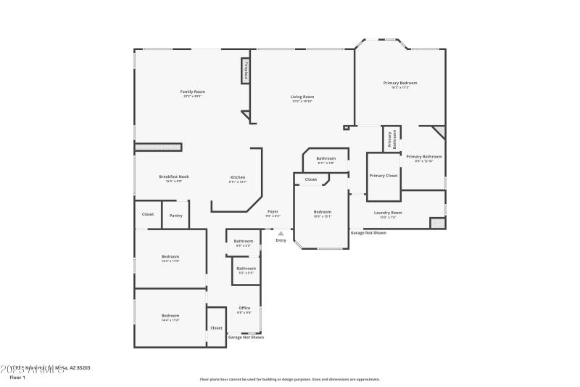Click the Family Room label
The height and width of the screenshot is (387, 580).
tap(193, 91)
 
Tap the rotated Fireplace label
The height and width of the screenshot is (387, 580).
tap(246, 71)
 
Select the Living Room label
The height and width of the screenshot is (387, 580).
tap(302, 97)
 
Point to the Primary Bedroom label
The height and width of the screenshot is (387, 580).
tap(400, 83)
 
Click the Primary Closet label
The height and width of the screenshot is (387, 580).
tap(383, 176)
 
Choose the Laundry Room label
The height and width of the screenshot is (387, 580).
tap(388, 213)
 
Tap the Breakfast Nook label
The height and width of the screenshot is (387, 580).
tap(174, 177)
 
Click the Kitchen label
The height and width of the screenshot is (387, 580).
tap(238, 177)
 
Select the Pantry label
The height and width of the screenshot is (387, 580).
tap(175, 215)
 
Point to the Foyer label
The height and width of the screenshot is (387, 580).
tap(273, 211)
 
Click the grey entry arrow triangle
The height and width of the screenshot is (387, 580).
tap(281, 234)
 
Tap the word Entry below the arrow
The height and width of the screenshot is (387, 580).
tap(281, 240)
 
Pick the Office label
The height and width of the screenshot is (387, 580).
tap(244, 308)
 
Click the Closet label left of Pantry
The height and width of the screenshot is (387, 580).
tap(148, 214)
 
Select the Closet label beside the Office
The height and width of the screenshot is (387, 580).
tap(216, 327)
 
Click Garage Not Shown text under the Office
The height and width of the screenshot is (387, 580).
tap(246, 338)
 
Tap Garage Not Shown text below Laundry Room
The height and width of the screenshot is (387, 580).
tap(368, 233)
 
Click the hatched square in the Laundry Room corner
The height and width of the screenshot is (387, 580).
tap(437, 223)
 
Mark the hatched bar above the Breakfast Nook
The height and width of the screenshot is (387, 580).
tap(157, 147)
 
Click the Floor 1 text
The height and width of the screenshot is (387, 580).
tap(17, 378)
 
